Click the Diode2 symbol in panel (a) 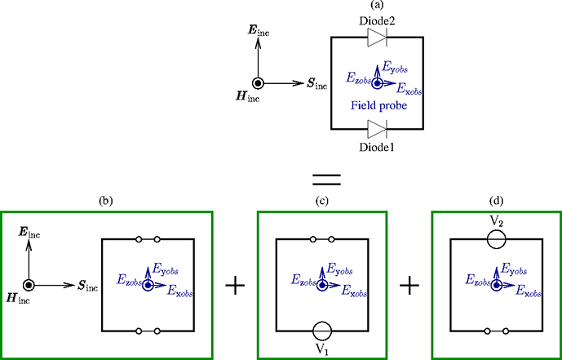[376, 36]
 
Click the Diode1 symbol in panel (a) [376, 128]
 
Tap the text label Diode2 [376, 20]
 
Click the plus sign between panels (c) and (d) [409, 285]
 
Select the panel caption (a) [377, 5]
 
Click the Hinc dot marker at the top [258, 82]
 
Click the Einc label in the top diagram [259, 31]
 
